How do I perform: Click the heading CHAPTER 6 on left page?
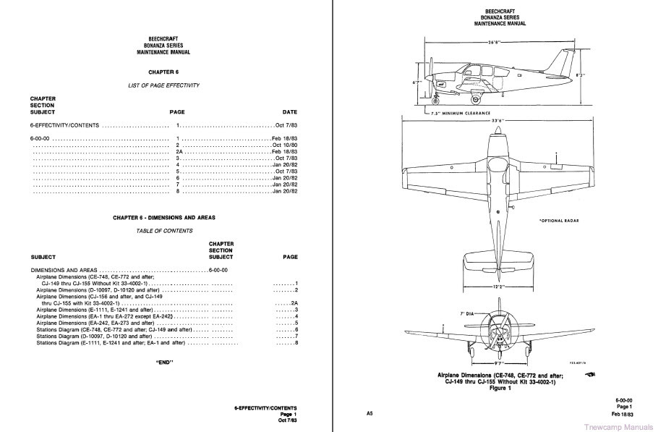[x=163, y=72]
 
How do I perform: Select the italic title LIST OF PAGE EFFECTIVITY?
[x=163, y=85]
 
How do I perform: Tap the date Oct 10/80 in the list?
[x=285, y=144]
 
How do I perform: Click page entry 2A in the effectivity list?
[x=180, y=151]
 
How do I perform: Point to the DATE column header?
[x=289, y=112]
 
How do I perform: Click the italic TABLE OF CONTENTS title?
[x=164, y=230]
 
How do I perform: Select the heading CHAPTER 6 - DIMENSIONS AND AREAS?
[x=164, y=217]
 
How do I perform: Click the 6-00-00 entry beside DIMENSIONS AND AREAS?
[x=218, y=269]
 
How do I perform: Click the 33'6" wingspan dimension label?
[x=498, y=121]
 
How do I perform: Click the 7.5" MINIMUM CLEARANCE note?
[x=459, y=113]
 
